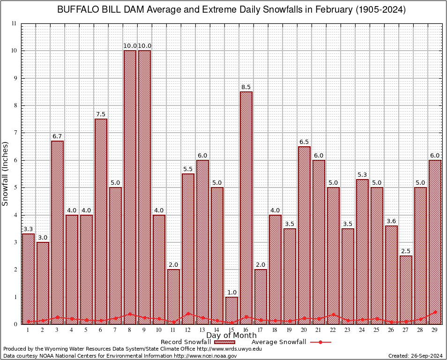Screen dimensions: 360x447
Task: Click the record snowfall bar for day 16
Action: (246, 206)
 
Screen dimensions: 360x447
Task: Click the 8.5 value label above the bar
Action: (246, 87)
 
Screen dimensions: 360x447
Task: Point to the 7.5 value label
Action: (101, 114)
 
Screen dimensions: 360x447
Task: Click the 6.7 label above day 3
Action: (57, 136)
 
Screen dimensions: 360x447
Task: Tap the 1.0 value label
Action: (231, 292)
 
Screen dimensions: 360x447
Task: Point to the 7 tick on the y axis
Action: (16, 133)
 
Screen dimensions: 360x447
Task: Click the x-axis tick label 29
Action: (435, 330)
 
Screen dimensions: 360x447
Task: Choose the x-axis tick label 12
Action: (188, 330)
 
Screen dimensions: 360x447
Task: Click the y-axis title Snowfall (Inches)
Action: (6, 173)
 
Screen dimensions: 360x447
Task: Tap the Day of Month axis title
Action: (231, 335)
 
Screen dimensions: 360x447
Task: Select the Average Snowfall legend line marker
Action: (320, 342)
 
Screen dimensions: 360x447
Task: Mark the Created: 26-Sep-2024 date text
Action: (415, 356)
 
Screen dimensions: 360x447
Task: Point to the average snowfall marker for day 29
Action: (435, 312)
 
